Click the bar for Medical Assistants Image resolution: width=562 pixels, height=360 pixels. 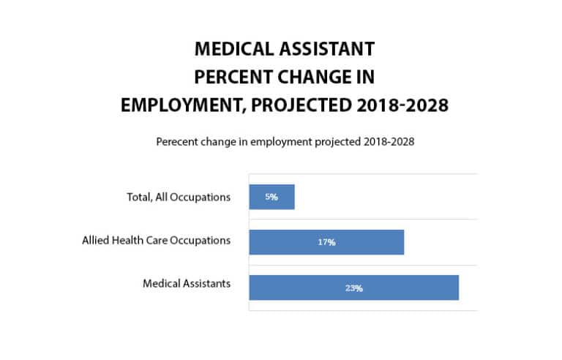pyautogui.click(x=353, y=288)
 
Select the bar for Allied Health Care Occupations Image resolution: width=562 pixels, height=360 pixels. pyautogui.click(x=326, y=242)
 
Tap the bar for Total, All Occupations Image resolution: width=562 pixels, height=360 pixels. pyautogui.click(x=271, y=197)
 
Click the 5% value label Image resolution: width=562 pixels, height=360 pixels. pyautogui.click(x=271, y=198)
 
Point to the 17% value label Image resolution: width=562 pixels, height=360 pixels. pyautogui.click(x=326, y=242)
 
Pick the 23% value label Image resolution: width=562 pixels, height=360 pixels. pyautogui.click(x=353, y=288)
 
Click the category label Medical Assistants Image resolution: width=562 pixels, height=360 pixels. pyautogui.click(x=187, y=284)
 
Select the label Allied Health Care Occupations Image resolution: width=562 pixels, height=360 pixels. pyautogui.click(x=157, y=240)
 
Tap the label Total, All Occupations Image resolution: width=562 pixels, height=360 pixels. pyautogui.click(x=178, y=196)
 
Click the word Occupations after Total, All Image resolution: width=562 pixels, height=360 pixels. pyautogui.click(x=201, y=196)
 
